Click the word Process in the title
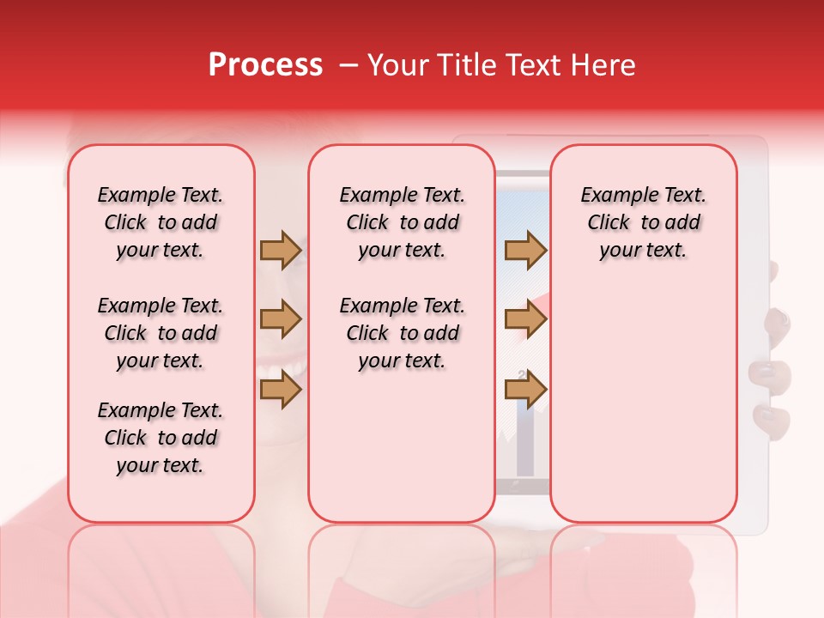(265, 65)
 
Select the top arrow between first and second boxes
(281, 250)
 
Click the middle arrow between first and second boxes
(281, 320)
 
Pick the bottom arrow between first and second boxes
(281, 390)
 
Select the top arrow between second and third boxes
(525, 250)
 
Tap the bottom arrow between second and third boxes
(525, 390)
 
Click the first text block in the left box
(161, 222)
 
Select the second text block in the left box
(161, 333)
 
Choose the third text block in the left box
(161, 438)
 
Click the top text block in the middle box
(402, 222)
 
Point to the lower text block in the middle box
(402, 333)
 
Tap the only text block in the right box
(643, 222)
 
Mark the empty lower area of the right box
(643, 395)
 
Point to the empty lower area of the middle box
(402, 446)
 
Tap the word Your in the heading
(395, 65)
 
